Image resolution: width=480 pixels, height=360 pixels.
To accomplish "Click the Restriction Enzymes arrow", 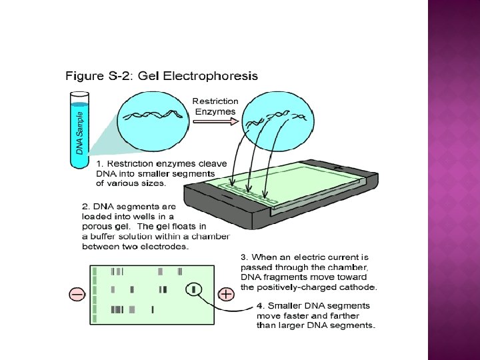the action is point(215,123).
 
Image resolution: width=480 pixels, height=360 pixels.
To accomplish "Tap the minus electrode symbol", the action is point(76,294).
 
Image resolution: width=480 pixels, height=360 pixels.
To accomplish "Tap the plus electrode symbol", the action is point(227,294).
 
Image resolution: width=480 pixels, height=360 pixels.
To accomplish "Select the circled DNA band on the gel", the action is point(194,289).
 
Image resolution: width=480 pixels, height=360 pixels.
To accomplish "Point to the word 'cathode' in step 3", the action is point(357,288).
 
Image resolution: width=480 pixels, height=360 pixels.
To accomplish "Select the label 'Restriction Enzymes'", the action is point(215,106).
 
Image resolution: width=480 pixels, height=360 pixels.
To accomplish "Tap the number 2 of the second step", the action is point(85,207).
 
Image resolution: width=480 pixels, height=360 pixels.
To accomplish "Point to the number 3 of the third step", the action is point(243,257).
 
